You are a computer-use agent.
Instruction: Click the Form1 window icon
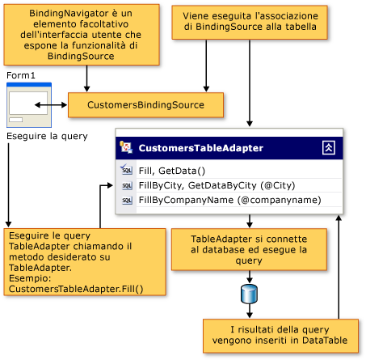28,104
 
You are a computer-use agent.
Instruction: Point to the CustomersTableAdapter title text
200,148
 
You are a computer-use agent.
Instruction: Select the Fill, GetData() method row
172,170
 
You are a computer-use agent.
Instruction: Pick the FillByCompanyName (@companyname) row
229,199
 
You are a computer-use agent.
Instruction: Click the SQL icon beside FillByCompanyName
126,200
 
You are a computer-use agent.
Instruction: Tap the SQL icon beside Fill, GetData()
126,170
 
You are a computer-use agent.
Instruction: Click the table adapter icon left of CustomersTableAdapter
126,147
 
